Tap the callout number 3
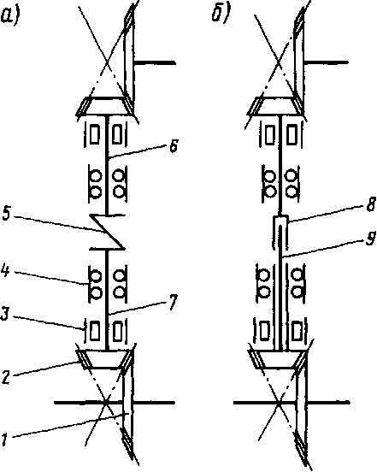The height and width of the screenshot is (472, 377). pyautogui.click(x=5, y=315)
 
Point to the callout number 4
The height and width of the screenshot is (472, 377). pyautogui.click(x=5, y=269)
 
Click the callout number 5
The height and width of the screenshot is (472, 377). pyautogui.click(x=6, y=213)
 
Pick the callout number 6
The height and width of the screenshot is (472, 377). pyautogui.click(x=174, y=147)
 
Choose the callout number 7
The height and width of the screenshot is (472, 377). pyautogui.click(x=173, y=302)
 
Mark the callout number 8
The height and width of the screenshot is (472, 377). pyautogui.click(x=372, y=204)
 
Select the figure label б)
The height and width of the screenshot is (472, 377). pyautogui.click(x=221, y=15)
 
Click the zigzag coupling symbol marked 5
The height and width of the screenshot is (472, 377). pyautogui.click(x=107, y=232)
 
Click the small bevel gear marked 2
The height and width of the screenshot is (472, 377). pyautogui.click(x=105, y=359)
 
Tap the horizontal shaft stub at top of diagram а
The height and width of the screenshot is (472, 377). pyautogui.click(x=155, y=63)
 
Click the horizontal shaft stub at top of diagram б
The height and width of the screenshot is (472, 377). pyautogui.click(x=327, y=62)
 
